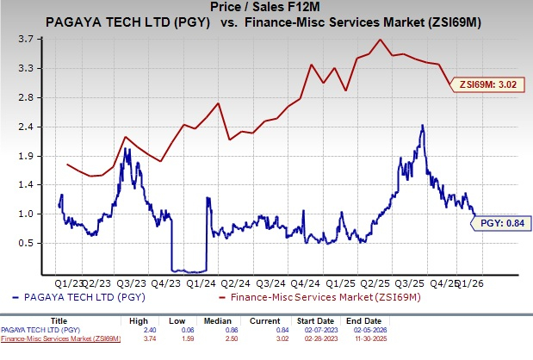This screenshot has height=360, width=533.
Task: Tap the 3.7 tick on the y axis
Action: (x=27, y=39)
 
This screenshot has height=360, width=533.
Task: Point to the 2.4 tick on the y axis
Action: (x=27, y=127)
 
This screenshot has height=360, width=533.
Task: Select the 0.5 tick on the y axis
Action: (x=27, y=243)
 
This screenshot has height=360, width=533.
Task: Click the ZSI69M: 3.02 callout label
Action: (x=488, y=84)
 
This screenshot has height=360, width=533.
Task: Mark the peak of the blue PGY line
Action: (x=422, y=126)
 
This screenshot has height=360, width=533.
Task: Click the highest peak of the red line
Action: (x=380, y=40)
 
